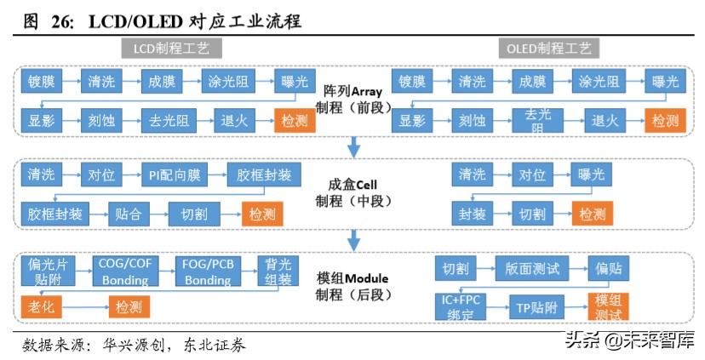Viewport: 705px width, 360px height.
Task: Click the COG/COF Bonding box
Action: (125, 271)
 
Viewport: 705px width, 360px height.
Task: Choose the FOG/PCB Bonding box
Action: (209, 271)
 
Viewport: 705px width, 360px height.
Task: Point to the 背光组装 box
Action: (278, 271)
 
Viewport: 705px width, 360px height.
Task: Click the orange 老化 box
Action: (37, 306)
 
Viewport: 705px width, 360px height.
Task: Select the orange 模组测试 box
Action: (608, 306)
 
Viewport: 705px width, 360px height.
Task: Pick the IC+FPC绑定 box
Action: (461, 306)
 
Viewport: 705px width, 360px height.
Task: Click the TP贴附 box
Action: (537, 306)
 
